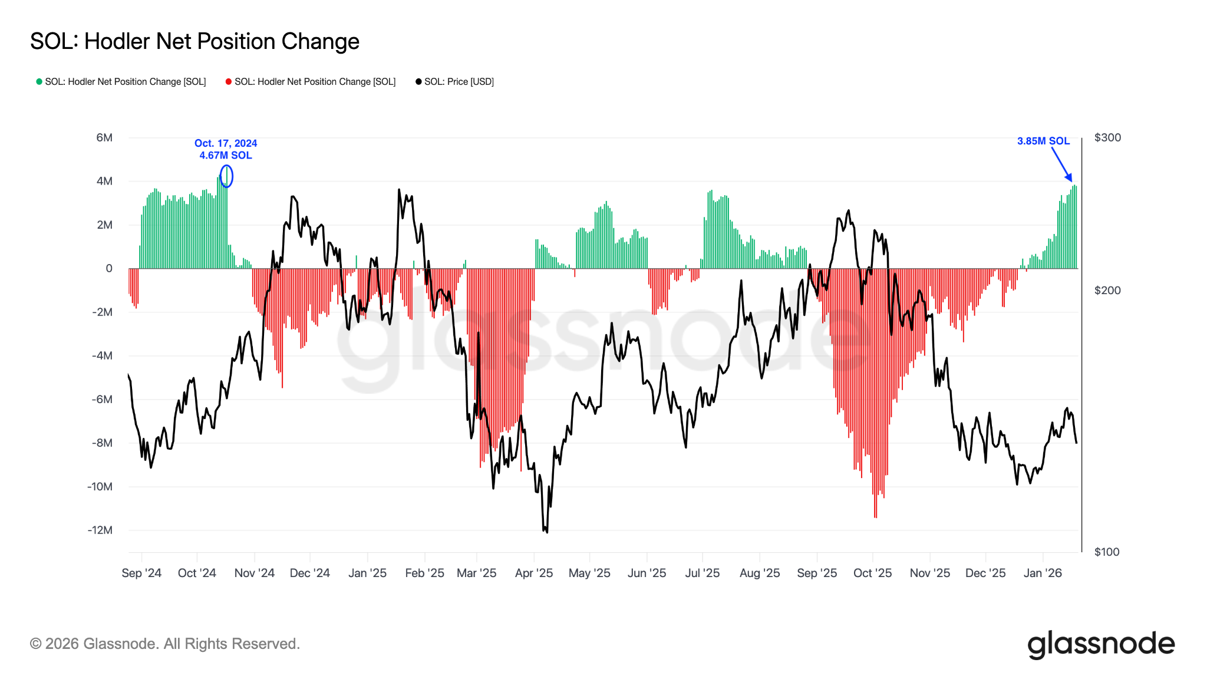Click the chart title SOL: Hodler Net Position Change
pyautogui.click(x=194, y=41)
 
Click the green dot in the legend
pyautogui.click(x=39, y=81)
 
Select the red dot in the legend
pyautogui.click(x=229, y=81)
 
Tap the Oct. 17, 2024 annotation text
pyautogui.click(x=226, y=143)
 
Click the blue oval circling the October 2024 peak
pyautogui.click(x=226, y=176)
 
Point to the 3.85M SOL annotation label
pyautogui.click(x=1043, y=141)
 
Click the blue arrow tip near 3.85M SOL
pyautogui.click(x=1071, y=180)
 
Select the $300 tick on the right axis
pyautogui.click(x=1107, y=137)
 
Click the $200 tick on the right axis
pyautogui.click(x=1107, y=290)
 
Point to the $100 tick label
pyautogui.click(x=1107, y=552)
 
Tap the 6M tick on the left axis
pyautogui.click(x=104, y=137)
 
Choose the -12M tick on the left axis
pyautogui.click(x=100, y=530)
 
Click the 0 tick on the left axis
pyautogui.click(x=109, y=268)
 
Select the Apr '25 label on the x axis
pyautogui.click(x=534, y=573)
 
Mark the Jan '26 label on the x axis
pyautogui.click(x=1043, y=573)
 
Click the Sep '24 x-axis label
pyautogui.click(x=141, y=573)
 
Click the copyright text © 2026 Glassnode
pyautogui.click(x=165, y=644)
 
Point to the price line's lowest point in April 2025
pyautogui.click(x=546, y=532)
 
